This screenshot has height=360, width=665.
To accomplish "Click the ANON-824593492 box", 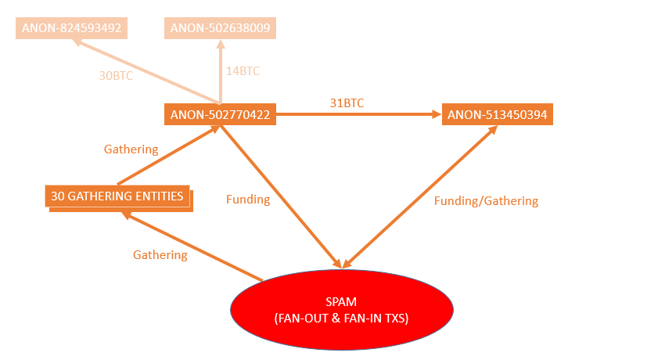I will (70, 29).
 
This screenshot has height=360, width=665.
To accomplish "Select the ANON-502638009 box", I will (220, 29).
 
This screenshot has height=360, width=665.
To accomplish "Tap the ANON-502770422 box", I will (220, 115).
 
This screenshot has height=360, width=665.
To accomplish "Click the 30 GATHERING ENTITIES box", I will (119, 196).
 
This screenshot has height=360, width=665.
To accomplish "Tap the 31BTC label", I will (347, 103).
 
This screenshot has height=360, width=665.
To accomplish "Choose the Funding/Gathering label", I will (486, 201).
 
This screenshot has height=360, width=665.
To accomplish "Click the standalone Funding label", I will (248, 200).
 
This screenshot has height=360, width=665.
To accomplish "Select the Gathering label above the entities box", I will (131, 149).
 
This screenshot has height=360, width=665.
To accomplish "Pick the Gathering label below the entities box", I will (160, 255).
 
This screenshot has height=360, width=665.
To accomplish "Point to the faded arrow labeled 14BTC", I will (221, 74).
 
